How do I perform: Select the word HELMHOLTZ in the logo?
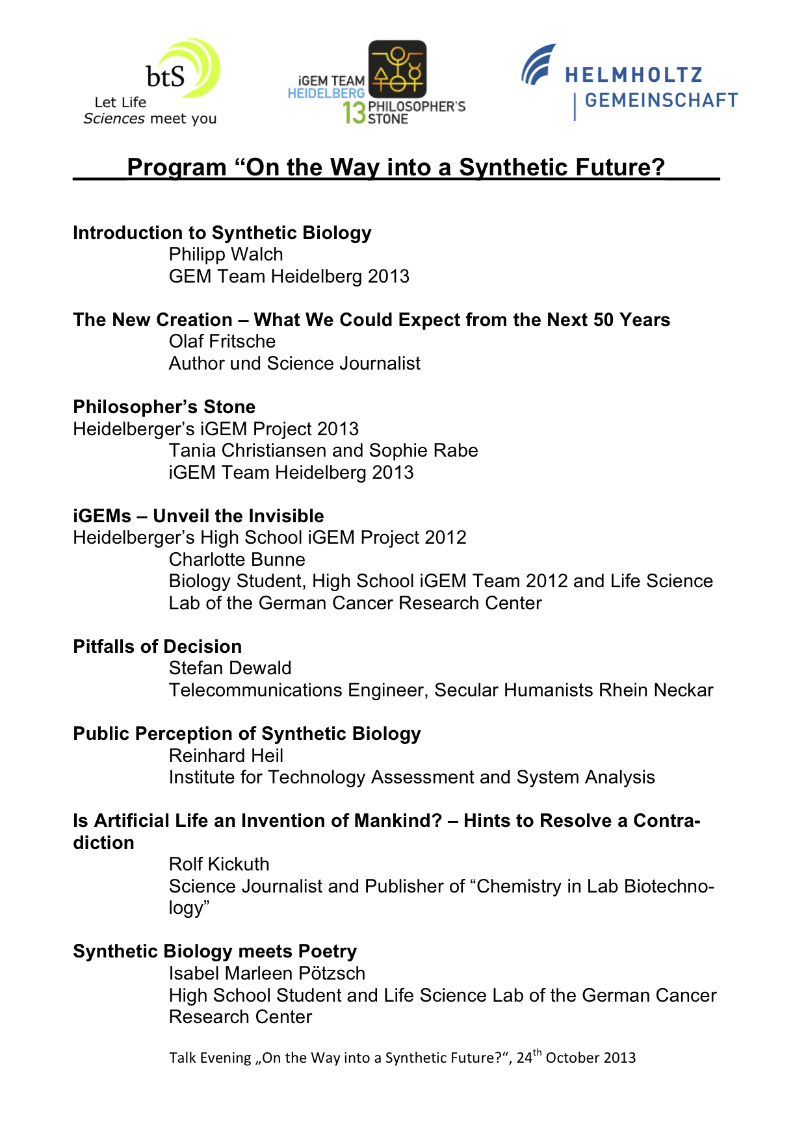tap(634, 75)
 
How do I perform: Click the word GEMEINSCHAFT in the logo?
tap(661, 101)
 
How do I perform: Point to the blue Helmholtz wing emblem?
tap(538, 64)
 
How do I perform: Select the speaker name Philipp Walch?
tap(226, 255)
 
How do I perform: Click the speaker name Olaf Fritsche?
tap(222, 342)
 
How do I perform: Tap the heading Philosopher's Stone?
tap(164, 407)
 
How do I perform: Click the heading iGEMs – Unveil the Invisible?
tap(198, 516)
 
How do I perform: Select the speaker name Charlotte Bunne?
tap(237, 560)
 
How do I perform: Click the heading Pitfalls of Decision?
tap(157, 647)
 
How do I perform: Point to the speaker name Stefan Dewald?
tap(230, 668)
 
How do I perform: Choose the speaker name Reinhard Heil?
tap(226, 756)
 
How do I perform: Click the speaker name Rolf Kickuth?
tap(218, 865)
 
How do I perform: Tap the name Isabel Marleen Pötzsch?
tap(266, 974)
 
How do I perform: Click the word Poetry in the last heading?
tap(327, 952)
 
